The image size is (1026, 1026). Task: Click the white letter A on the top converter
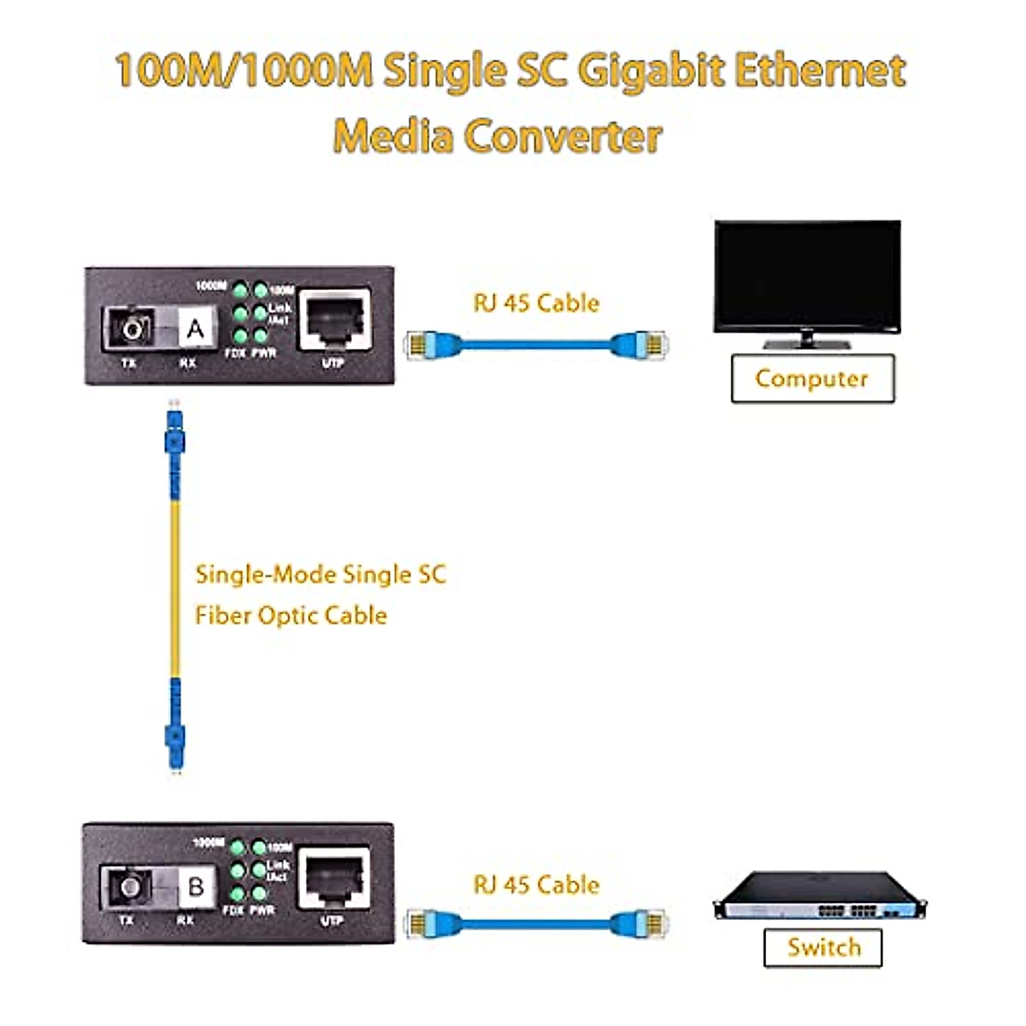pos(196,329)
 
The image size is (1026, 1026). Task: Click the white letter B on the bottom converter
pos(196,887)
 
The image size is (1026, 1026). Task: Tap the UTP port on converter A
pos(333,320)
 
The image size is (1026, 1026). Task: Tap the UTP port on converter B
pos(333,878)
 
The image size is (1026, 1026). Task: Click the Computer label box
pos(812,379)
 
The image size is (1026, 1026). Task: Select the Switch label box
pos(823,947)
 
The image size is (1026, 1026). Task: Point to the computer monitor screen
pos(807,275)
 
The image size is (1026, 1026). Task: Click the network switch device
pos(819,898)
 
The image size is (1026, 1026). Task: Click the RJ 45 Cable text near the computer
pos(536,304)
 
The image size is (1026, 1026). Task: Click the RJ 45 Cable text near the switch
pos(536,885)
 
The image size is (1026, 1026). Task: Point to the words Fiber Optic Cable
pos(291,616)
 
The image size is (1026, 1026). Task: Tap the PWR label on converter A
pos(264,353)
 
